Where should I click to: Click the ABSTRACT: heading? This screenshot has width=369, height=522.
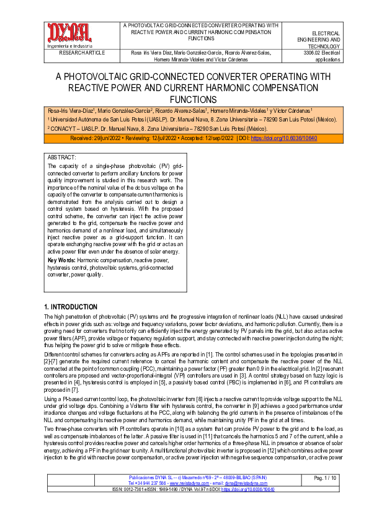[x=62, y=158]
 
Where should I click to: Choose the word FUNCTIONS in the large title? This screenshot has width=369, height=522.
[x=184, y=99]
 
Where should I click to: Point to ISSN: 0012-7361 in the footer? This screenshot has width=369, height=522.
[x=115, y=506]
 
